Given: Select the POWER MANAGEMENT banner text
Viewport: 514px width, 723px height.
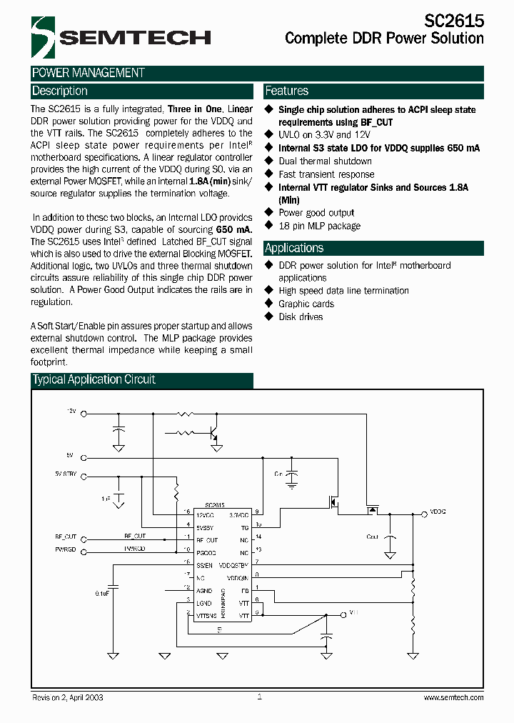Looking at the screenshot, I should [89, 73].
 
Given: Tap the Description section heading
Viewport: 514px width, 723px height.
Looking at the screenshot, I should [60, 91].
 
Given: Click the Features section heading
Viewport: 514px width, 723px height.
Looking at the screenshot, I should [286, 91].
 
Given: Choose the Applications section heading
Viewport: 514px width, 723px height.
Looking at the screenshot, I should [294, 249].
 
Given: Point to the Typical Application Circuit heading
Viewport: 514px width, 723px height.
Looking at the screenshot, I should [94, 380].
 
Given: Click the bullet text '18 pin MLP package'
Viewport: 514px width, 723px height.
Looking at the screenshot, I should [319, 226].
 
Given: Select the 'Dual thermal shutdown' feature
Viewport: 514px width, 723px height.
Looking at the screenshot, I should [325, 161].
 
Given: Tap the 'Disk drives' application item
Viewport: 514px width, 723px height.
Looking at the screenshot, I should [301, 316].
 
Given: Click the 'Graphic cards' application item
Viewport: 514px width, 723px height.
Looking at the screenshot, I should [306, 304].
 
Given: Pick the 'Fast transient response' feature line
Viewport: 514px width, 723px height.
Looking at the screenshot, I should [326, 174].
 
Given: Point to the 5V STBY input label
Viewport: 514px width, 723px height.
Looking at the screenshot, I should [65, 474].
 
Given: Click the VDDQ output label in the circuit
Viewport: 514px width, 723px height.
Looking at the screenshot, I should [438, 512].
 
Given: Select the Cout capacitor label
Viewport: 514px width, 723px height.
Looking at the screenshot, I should [373, 536].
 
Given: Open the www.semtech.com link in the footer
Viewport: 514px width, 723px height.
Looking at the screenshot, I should [453, 697].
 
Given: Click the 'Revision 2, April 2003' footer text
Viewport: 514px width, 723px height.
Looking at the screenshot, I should [68, 697].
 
